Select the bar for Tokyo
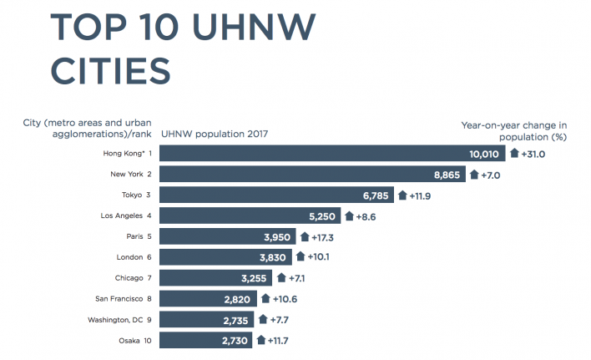click(x=275, y=195)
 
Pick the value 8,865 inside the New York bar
click(x=442, y=175)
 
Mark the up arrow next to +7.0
click(x=474, y=175)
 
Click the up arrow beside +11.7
click(x=261, y=341)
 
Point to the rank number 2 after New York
click(x=149, y=175)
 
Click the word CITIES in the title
click(x=111, y=71)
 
